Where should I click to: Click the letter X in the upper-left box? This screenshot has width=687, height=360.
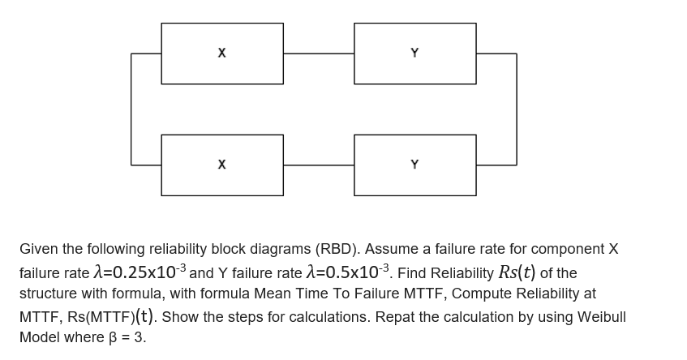click(x=221, y=54)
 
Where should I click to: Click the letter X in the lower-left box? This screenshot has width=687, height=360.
click(x=221, y=165)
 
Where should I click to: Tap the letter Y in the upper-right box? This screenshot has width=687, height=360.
click(x=414, y=54)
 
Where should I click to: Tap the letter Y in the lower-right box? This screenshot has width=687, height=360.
click(x=414, y=165)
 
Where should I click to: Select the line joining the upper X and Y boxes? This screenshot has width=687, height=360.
click(x=319, y=54)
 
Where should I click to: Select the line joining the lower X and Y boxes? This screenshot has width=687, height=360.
click(x=319, y=165)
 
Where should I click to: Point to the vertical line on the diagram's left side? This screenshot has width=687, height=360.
click(x=131, y=109)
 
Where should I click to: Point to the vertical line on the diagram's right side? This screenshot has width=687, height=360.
click(x=517, y=109)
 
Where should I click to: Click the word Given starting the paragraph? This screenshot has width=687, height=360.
click(x=37, y=249)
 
